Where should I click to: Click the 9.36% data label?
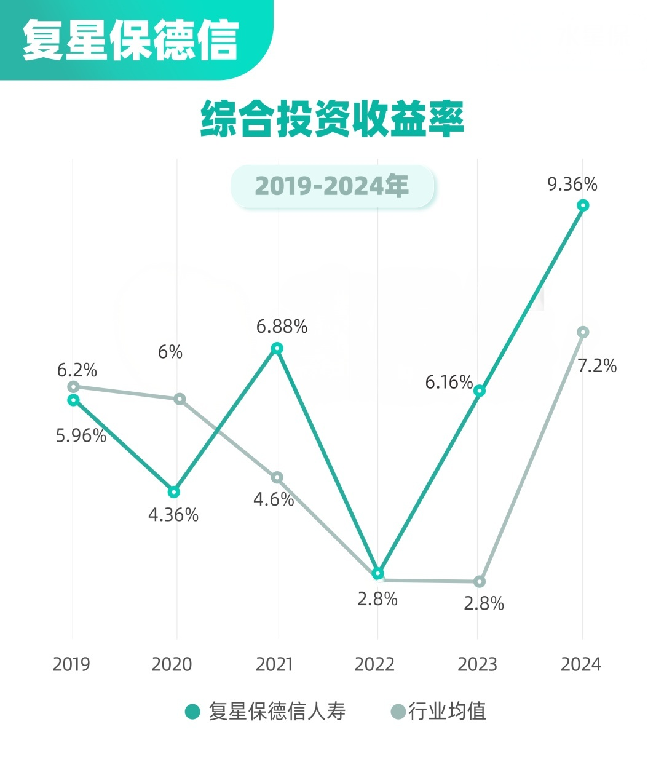pos(572,184)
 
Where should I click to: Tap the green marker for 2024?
pos(583,205)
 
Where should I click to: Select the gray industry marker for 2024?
pos(583,332)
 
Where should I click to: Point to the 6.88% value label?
pos(282,327)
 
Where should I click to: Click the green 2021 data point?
pos(277,348)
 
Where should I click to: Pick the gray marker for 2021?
pos(277,477)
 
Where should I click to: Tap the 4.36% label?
pos(173,515)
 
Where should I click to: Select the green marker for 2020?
pos(174,491)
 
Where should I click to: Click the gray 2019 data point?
pos(73,386)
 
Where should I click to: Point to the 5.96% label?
pos(81,436)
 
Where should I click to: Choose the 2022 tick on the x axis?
pos(374,664)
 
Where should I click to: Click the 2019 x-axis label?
pos(71,664)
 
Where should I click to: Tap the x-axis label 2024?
pos(581,664)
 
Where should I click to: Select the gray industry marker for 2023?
pos(480,581)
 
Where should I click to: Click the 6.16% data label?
pos(449,383)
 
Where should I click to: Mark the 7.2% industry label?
pos(597,366)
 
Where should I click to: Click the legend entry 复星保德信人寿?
pos(266,712)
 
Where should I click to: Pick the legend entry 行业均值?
pos(439,712)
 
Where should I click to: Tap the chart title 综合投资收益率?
pos(332,119)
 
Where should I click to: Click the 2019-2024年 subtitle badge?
pos(332,186)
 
